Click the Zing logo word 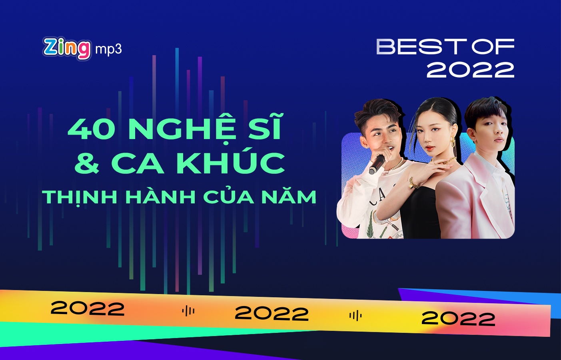(67, 48)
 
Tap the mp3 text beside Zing (108, 49)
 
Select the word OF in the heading (493, 47)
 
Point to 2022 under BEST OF (470, 70)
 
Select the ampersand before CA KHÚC (87, 163)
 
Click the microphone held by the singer (377, 164)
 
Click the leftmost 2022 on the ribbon (88, 308)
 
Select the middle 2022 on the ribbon (272, 313)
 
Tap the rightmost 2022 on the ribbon (458, 318)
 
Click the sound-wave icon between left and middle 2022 (188, 311)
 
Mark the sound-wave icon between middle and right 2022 (355, 316)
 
